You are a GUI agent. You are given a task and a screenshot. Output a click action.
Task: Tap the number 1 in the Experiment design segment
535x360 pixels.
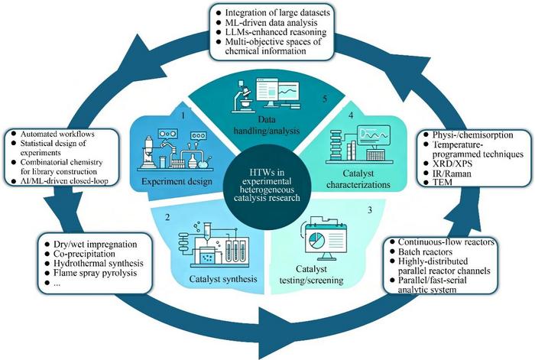pos(183,115)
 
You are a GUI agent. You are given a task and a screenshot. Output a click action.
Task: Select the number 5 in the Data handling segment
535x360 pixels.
pos(325,99)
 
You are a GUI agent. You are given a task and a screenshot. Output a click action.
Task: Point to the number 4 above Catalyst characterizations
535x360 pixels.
pos(351,115)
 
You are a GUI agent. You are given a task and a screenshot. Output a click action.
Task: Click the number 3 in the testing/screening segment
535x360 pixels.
pos(370,210)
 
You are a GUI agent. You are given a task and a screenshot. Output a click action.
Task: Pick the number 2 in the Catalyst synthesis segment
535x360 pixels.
pos(167,217)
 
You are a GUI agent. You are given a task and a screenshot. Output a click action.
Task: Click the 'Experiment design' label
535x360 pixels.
pos(177,182)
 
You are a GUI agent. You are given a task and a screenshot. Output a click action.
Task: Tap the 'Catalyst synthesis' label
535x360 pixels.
pos(223,279)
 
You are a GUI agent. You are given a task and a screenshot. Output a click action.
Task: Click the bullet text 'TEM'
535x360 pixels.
pos(443,182)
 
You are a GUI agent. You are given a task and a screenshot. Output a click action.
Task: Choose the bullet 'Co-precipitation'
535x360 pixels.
pos(84,254)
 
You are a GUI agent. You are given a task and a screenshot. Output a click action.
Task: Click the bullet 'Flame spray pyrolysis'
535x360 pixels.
pos(96,273)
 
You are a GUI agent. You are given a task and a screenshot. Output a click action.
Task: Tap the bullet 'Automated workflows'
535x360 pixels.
pos(57,134)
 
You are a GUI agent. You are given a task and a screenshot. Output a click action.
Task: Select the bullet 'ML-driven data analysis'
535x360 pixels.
pos(271,22)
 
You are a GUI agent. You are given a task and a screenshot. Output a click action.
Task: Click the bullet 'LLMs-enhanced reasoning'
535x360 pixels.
pos(276,32)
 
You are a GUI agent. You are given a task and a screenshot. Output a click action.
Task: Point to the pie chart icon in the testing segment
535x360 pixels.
pos(317,240)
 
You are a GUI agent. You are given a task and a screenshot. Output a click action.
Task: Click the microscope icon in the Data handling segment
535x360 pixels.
pos(242,97)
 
